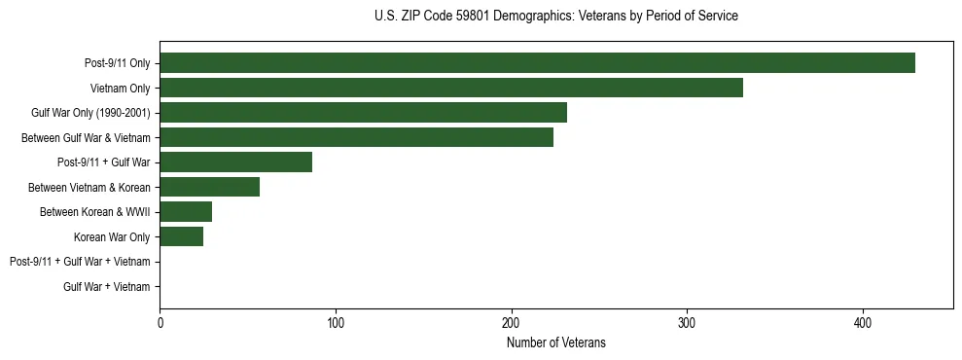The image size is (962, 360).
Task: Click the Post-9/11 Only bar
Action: (537, 63)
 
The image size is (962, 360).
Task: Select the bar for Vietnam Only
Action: (451, 88)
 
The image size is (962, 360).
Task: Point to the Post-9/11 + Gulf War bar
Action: (235, 162)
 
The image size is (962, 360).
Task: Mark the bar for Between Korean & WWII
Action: (186, 212)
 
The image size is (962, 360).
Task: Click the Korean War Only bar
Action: (181, 236)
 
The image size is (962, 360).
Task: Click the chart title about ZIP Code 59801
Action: (555, 17)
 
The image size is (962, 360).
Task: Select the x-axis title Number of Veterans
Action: (555, 342)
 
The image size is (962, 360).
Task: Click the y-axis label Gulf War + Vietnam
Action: (106, 287)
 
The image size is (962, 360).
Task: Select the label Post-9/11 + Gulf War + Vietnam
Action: (80, 262)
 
